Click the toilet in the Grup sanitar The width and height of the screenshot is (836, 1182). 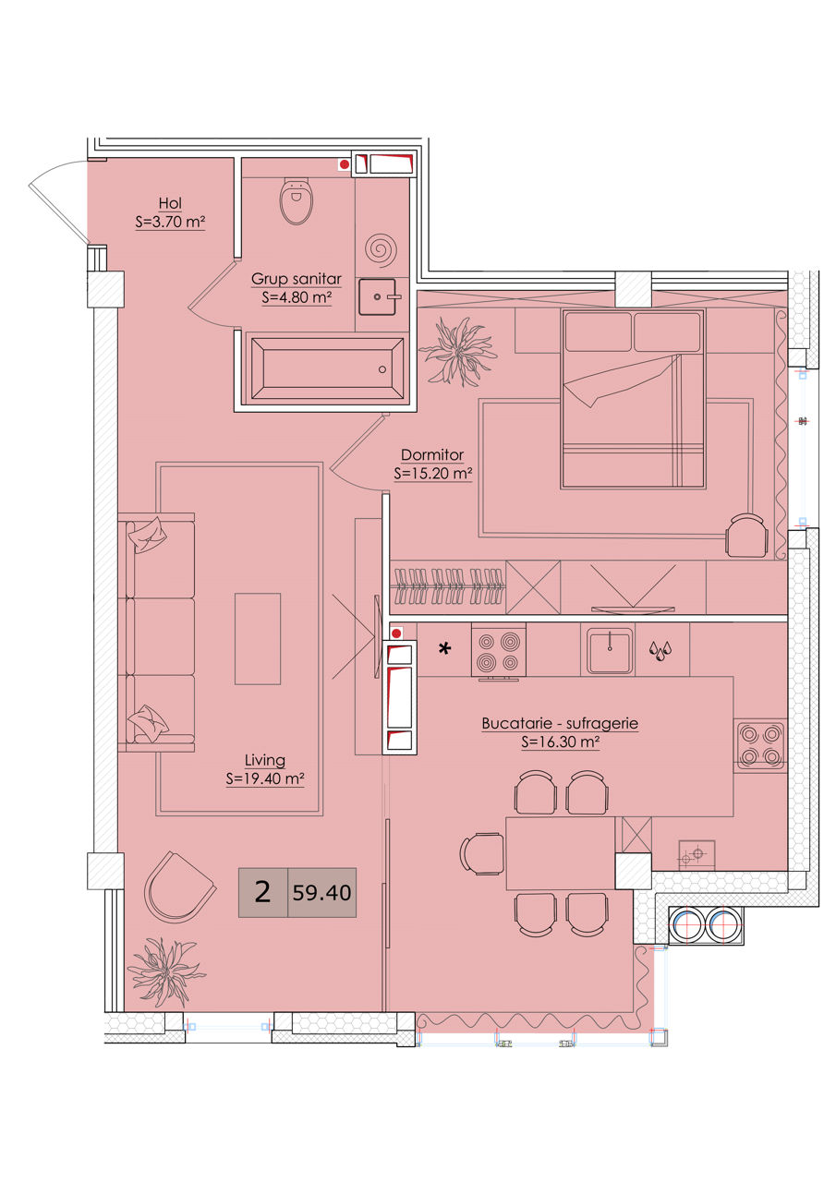point(297,201)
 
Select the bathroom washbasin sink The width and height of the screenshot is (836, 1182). point(377,296)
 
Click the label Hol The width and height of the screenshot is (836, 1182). point(170,203)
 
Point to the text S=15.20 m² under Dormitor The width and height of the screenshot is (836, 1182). point(432,474)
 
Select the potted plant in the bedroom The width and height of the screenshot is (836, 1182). point(458,352)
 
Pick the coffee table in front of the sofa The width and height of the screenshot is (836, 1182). point(258,638)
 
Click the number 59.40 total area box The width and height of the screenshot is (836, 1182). point(322,892)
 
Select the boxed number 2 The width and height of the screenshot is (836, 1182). point(263,892)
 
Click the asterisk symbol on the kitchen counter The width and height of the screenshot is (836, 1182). point(445,648)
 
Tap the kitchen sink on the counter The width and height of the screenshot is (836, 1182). point(610,650)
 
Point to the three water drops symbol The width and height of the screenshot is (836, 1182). point(660,651)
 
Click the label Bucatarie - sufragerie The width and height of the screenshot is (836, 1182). point(560,723)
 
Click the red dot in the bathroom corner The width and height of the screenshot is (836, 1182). point(345,164)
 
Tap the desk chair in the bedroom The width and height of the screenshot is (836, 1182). point(746,535)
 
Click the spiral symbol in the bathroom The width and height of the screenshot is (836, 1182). point(382,248)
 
